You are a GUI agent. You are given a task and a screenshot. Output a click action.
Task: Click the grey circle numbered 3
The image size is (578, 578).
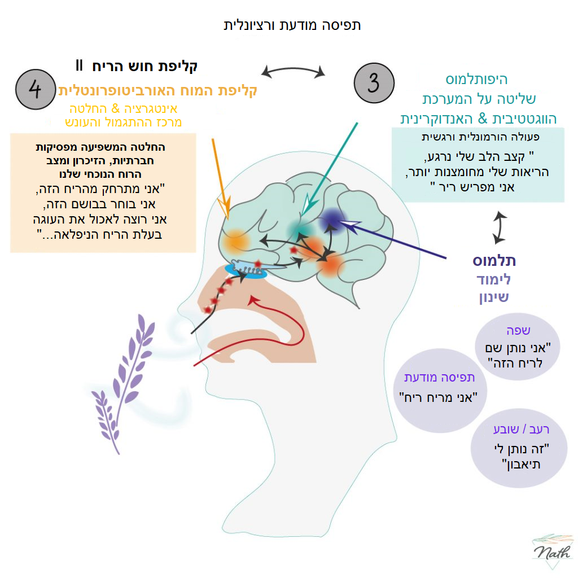coord(373,83)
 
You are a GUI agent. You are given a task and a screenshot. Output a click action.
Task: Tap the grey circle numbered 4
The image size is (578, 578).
coord(35,90)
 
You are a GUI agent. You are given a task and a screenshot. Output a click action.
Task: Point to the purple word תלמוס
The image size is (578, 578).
coord(494,261)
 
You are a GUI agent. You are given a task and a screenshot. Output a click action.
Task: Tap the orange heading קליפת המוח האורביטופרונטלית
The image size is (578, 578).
coord(158,90)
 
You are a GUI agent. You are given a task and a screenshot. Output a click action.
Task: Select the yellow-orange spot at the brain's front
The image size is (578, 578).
coord(236,243)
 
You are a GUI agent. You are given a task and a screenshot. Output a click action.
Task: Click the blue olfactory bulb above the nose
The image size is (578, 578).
coord(245,270)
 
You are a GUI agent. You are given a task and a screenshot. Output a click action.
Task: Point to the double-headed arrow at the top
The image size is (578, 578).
coord(294,71)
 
